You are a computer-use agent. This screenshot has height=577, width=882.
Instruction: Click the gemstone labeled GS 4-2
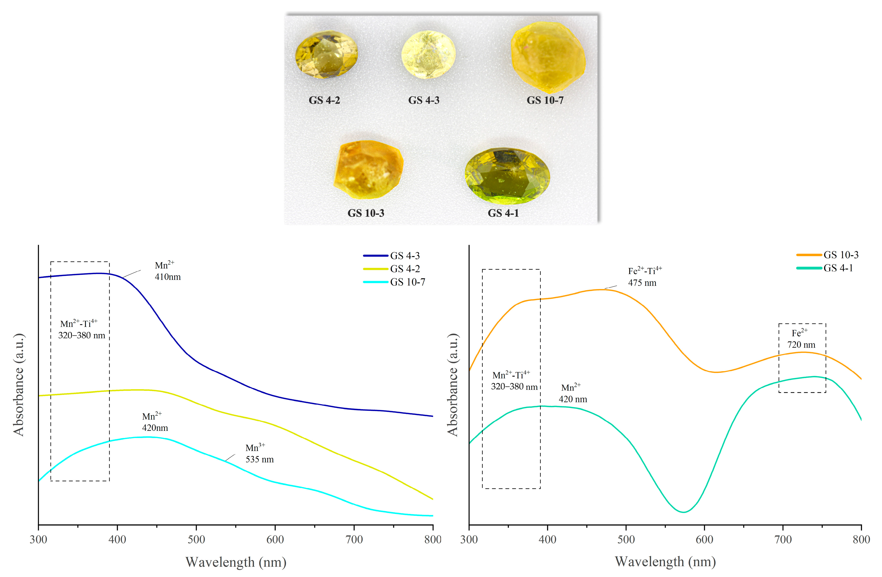(x=326, y=55)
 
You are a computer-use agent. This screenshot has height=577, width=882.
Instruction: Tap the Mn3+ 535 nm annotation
(x=259, y=453)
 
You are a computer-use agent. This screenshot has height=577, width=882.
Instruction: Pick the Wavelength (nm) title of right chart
(x=665, y=561)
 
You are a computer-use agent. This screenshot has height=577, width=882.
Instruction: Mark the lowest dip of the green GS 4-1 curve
(x=683, y=512)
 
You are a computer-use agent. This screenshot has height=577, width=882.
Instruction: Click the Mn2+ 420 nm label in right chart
(x=572, y=393)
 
